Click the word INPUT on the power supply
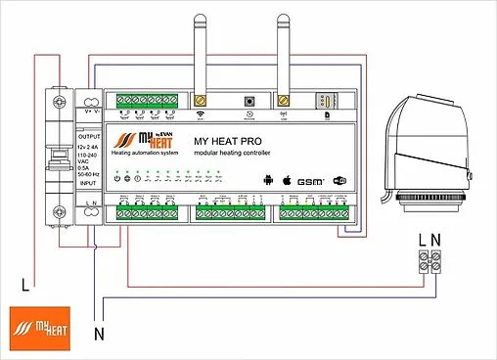click(89, 183)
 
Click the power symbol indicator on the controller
click(117, 177)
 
